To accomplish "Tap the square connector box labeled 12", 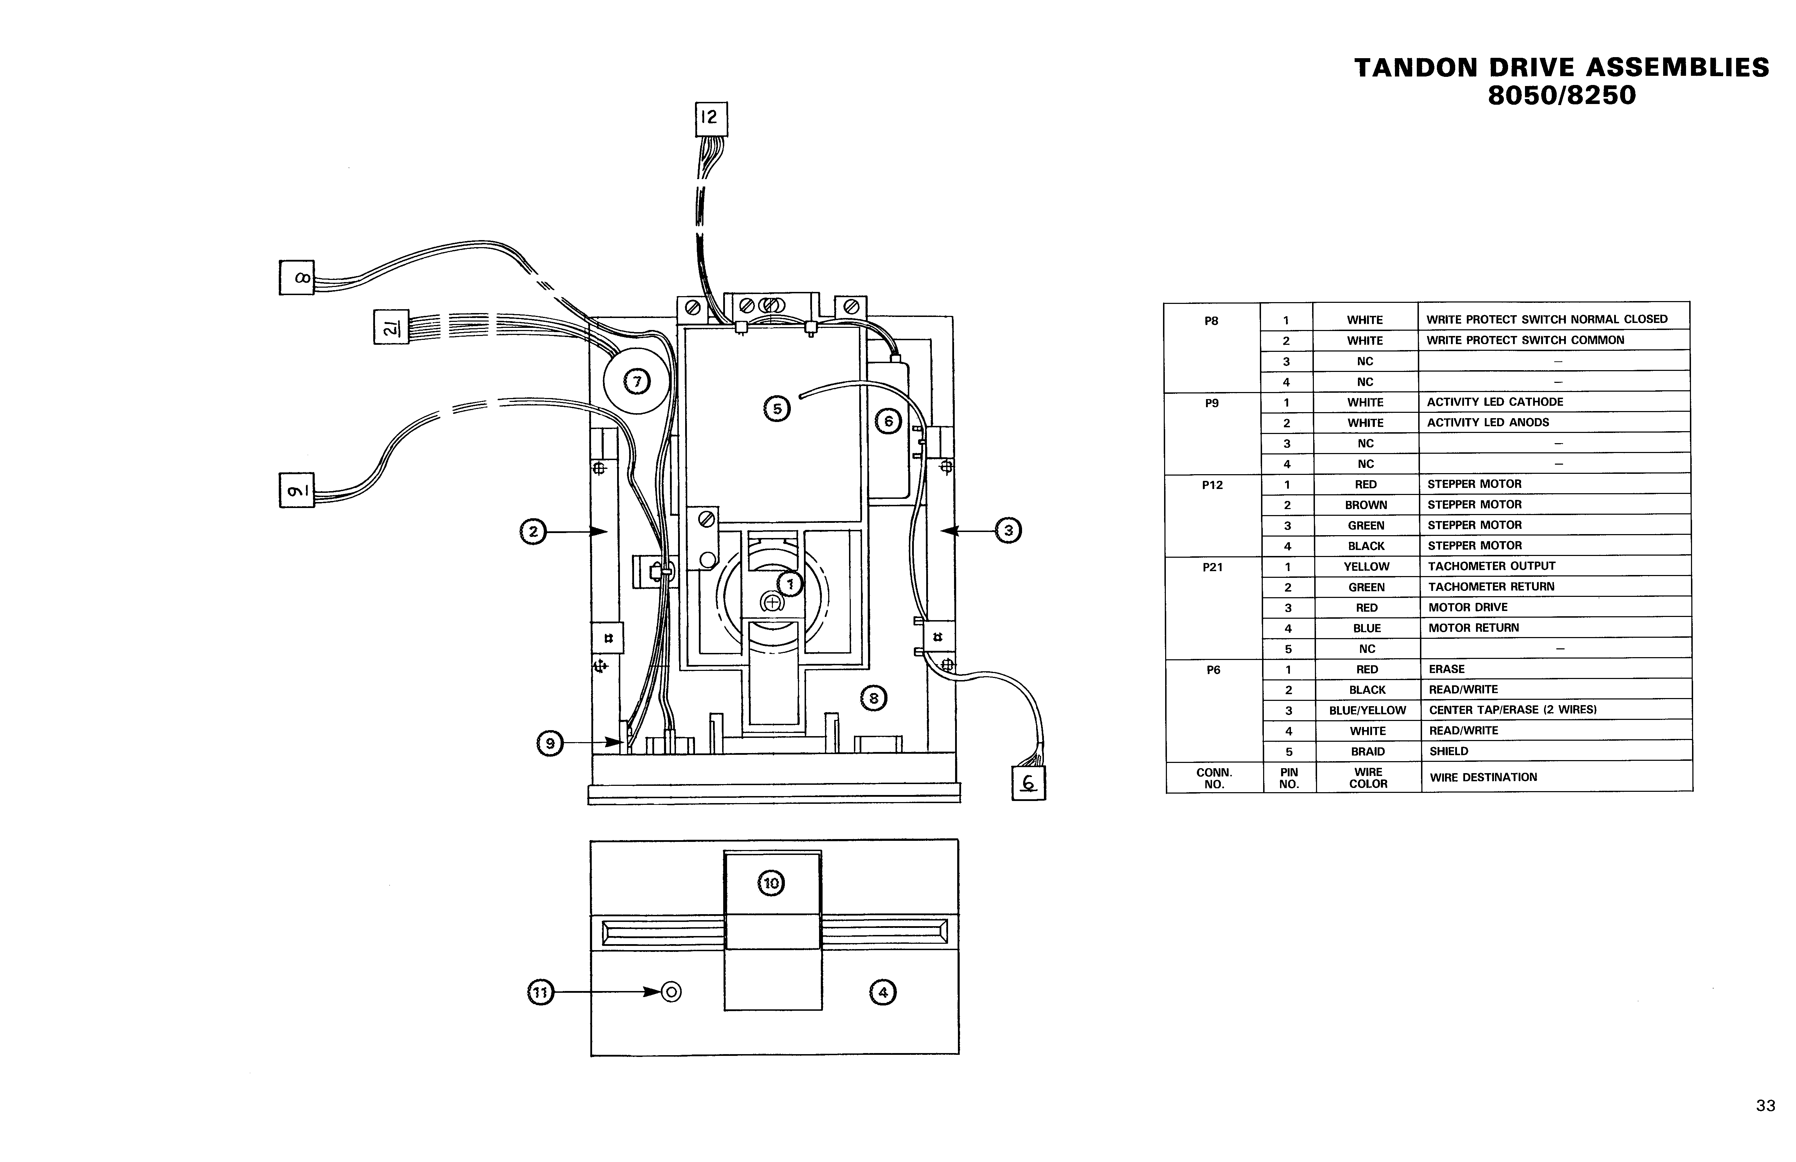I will coord(710,118).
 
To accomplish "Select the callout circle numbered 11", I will coord(540,992).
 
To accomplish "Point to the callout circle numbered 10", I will coord(771,883).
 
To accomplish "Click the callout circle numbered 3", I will coord(1009,531).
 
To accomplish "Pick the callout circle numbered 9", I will coord(550,743).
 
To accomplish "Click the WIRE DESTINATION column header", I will coord(1483,777).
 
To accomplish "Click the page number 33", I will coord(1765,1106).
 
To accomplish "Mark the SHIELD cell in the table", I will coord(1448,752).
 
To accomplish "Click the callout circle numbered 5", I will coord(777,409).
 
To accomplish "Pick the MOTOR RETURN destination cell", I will coord(1473,628).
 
